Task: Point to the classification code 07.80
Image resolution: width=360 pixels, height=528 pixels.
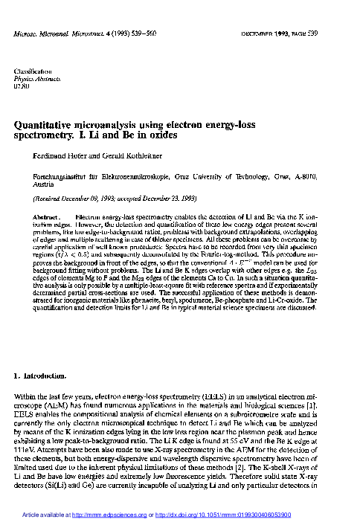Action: tap(23, 87)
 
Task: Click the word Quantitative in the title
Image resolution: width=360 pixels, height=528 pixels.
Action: tap(46, 126)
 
